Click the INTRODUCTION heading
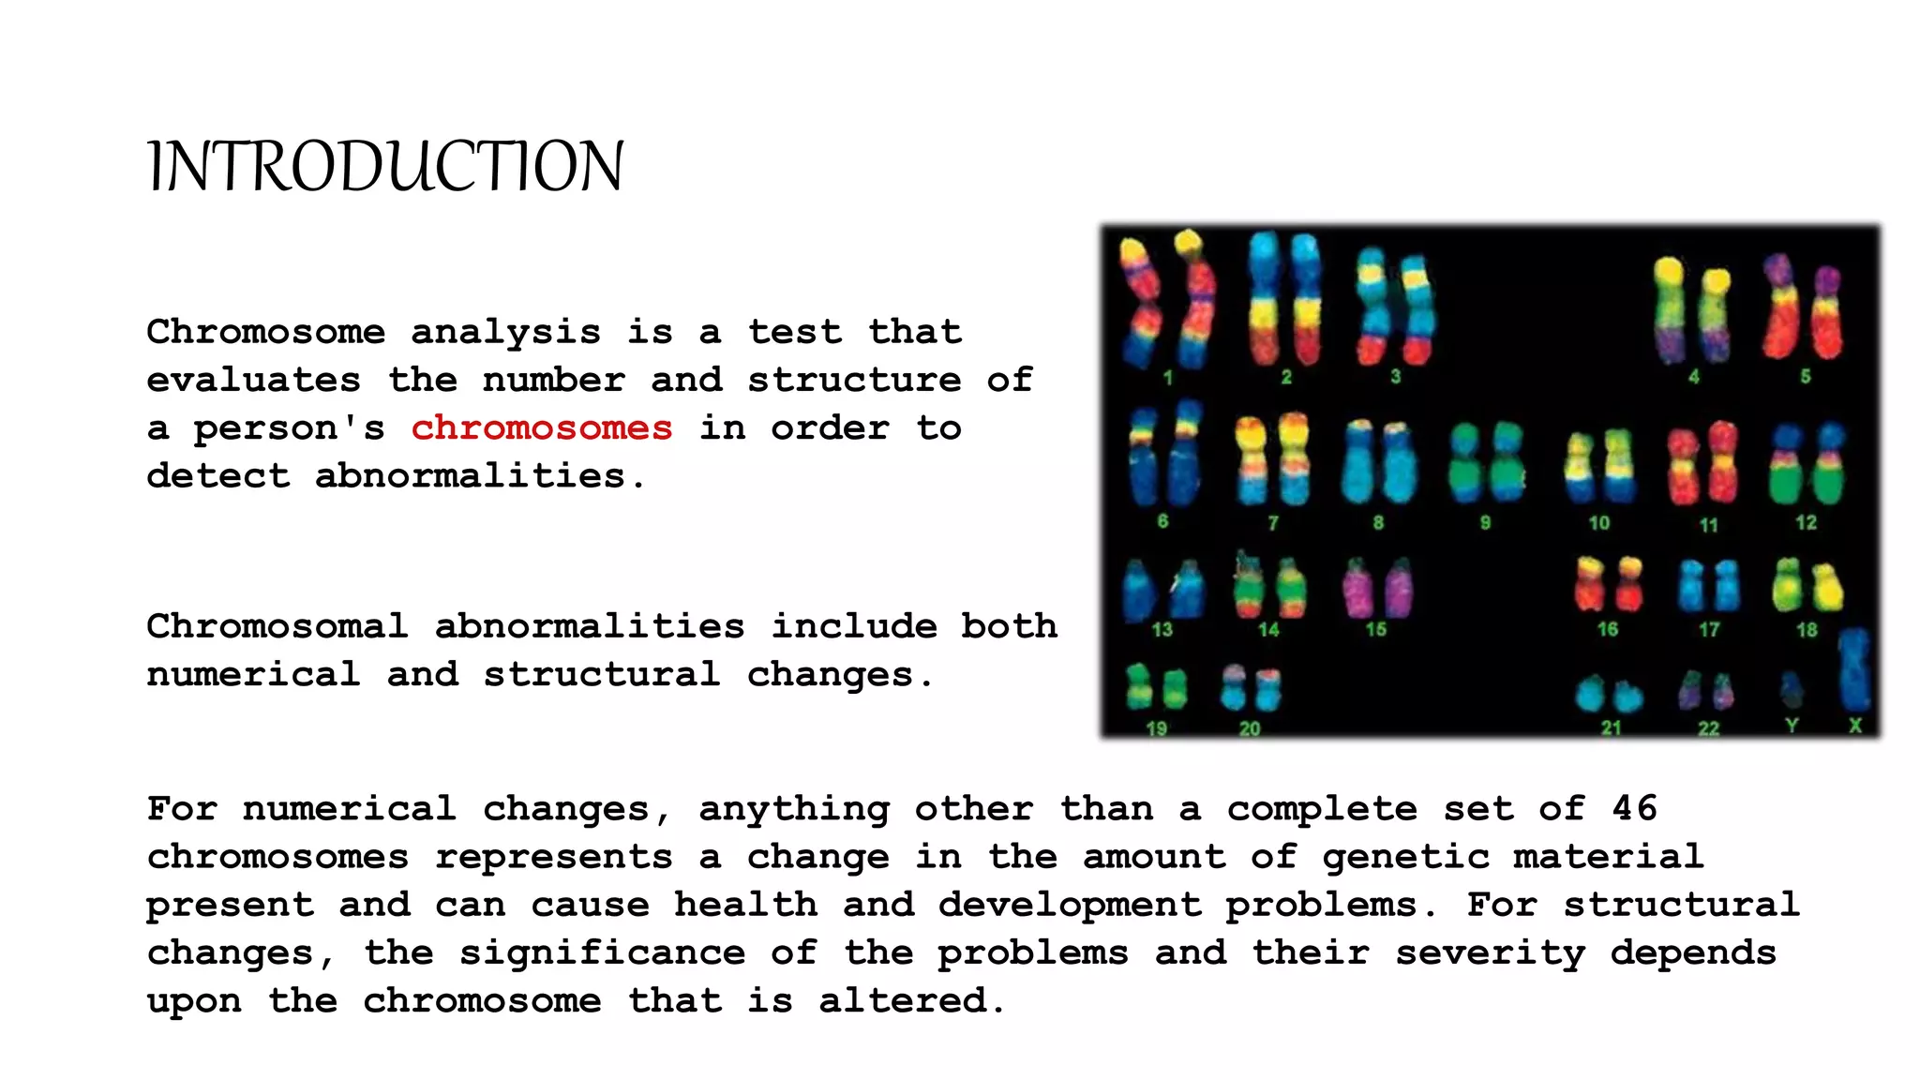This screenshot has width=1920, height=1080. tap(385, 167)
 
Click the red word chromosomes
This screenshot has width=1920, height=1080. tap(542, 428)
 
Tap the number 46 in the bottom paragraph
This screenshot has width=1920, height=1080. tap(1634, 808)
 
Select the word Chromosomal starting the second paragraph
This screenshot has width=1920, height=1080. tap(277, 626)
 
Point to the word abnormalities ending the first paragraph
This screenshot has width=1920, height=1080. tap(471, 476)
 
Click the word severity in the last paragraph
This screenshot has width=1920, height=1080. tap(1490, 952)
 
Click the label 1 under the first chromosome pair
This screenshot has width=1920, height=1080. tap(1167, 378)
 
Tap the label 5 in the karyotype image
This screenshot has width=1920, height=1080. tap(1805, 376)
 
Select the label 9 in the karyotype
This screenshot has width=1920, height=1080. tap(1485, 522)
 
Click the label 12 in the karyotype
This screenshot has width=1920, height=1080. tap(1806, 522)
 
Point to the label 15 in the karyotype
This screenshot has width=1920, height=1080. tap(1375, 629)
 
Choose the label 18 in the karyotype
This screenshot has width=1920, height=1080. tap(1807, 629)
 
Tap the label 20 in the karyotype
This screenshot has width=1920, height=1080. tap(1250, 728)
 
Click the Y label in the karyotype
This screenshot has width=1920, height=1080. tap(1792, 725)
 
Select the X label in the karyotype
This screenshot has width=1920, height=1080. tap(1854, 725)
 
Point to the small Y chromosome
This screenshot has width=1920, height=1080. tap(1792, 689)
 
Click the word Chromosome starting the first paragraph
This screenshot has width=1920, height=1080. tap(266, 332)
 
